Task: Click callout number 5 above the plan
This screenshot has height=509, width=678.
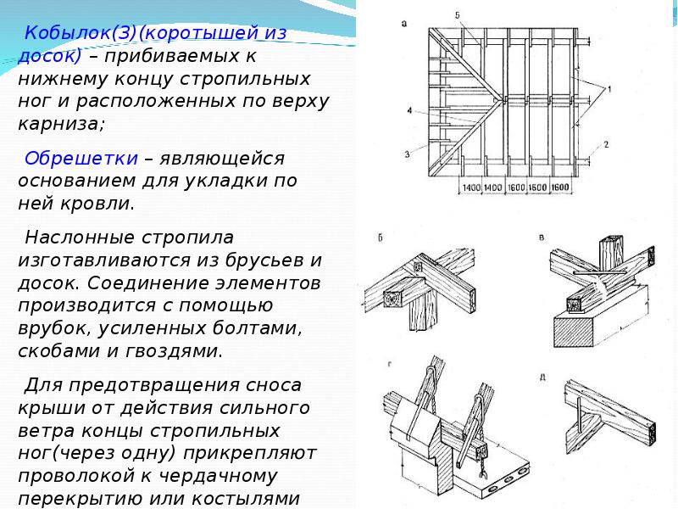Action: point(457,16)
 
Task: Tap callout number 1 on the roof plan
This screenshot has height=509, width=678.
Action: point(609,88)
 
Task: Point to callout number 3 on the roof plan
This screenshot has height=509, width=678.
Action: point(408,154)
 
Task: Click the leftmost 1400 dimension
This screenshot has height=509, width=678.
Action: point(471,187)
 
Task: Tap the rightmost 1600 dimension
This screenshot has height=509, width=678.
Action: point(561,187)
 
